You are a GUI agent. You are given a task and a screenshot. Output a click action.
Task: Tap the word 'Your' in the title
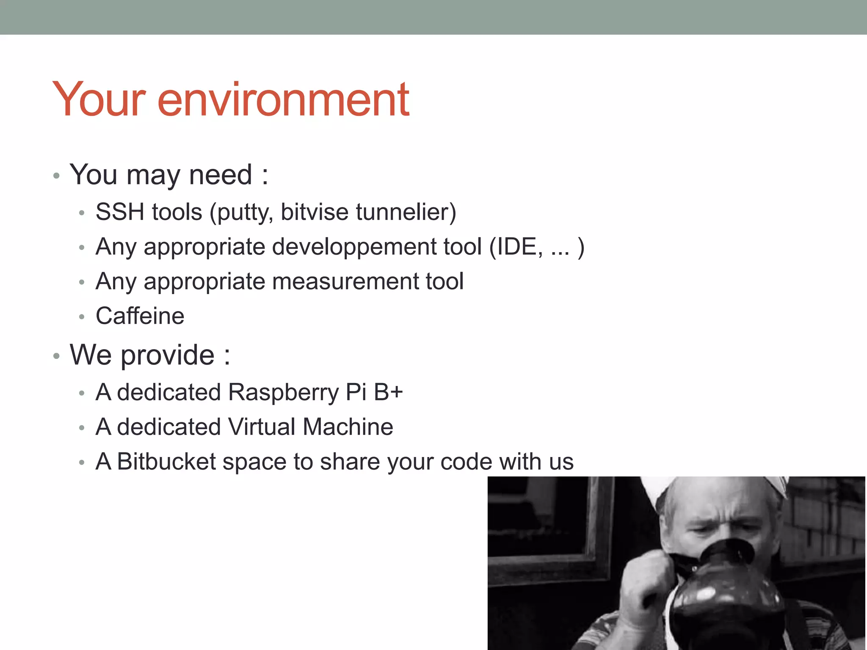99,100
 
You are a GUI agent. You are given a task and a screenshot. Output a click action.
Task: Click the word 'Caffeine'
140,316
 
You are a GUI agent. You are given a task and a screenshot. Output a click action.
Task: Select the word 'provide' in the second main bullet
168,355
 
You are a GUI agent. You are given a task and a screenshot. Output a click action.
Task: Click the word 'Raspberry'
284,393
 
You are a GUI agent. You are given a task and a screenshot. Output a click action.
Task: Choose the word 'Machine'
348,427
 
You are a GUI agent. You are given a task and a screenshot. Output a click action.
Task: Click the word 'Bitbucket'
166,461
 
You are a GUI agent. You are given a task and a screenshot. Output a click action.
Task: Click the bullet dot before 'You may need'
56,176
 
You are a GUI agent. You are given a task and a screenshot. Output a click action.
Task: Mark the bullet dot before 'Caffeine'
82,317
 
